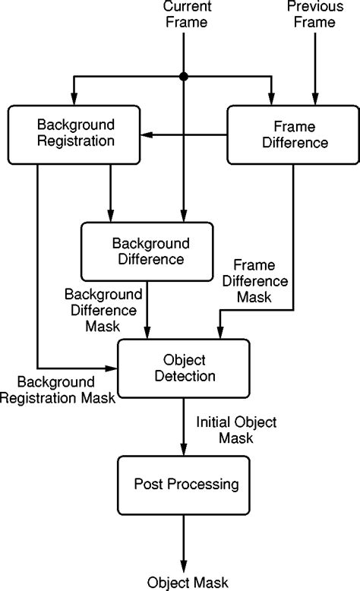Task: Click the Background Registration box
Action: pyautogui.click(x=74, y=134)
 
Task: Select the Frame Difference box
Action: pyautogui.click(x=293, y=134)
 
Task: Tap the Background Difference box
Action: pyautogui.click(x=147, y=251)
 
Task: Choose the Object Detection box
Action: pyautogui.click(x=184, y=368)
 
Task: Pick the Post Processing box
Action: pyautogui.click(x=184, y=485)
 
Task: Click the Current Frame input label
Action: pyautogui.click(x=187, y=14)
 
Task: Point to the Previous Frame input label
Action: pyautogui.click(x=315, y=14)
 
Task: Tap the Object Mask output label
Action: pyautogui.click(x=188, y=583)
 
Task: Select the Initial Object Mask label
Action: pyautogui.click(x=236, y=430)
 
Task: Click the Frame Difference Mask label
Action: pyautogui.click(x=255, y=281)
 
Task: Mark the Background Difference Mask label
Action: pyautogui.click(x=103, y=310)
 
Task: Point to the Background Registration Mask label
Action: pyautogui.click(x=58, y=390)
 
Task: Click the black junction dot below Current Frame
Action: pyautogui.click(x=184, y=77)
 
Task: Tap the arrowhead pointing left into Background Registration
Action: pyautogui.click(x=147, y=134)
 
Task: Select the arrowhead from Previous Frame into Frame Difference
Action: pyautogui.click(x=315, y=99)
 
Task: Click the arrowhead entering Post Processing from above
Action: pyautogui.click(x=184, y=449)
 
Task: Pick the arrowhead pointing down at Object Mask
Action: pyautogui.click(x=184, y=567)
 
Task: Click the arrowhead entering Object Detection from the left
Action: pyautogui.click(x=111, y=368)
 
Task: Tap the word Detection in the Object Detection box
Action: pyautogui.click(x=185, y=376)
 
